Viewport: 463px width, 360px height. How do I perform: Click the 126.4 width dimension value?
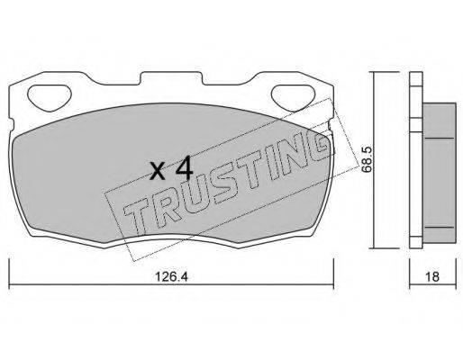pyautogui.click(x=171, y=276)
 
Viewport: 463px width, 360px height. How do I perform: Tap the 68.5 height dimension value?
pyautogui.click(x=367, y=159)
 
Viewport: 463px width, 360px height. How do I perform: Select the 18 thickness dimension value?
pyautogui.click(x=432, y=276)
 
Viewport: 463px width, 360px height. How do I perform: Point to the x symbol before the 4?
pyautogui.click(x=158, y=173)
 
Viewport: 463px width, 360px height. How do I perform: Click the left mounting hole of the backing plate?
pyautogui.click(x=49, y=97)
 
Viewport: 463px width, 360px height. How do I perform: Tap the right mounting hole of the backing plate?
pyautogui.click(x=293, y=97)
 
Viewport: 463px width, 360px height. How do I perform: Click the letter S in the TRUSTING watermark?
pyautogui.click(x=216, y=188)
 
